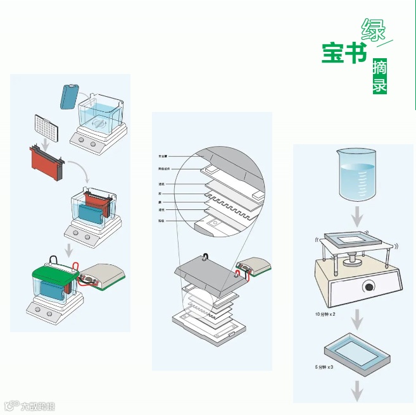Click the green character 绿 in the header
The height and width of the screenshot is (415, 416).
coord(374,29)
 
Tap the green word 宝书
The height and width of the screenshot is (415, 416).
coord(344,53)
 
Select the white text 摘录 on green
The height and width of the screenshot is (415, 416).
coord(380,77)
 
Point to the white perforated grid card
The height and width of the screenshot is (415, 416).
coord(45,128)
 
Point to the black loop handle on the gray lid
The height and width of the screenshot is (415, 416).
coord(207,257)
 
